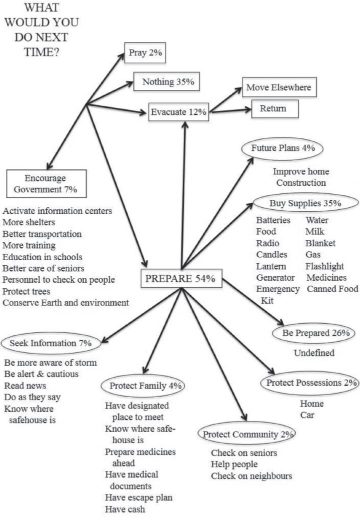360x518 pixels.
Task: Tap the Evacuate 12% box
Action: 178,112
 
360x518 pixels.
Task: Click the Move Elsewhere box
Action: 278,87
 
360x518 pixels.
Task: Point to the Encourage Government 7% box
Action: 47,183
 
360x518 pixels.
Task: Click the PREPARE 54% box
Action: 180,279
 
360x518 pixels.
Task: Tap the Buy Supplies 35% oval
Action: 305,203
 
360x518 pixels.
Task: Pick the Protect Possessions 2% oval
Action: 310,383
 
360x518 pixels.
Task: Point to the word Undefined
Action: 314,353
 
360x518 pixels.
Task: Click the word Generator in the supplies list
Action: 275,277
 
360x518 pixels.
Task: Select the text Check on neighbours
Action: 251,476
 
